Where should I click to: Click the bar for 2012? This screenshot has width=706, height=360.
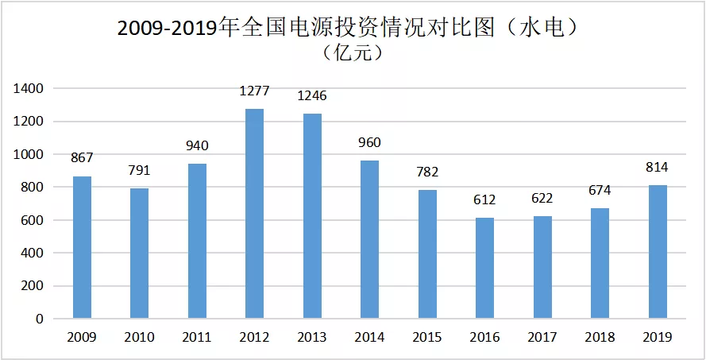pyautogui.click(x=254, y=214)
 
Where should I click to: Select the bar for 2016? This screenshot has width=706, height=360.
pyautogui.click(x=484, y=268)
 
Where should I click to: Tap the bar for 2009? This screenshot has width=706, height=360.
pyautogui.click(x=82, y=247)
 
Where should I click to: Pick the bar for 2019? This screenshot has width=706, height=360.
pyautogui.click(x=658, y=252)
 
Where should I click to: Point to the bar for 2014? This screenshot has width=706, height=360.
pyautogui.click(x=369, y=240)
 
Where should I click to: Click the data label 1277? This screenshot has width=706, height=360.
pyautogui.click(x=254, y=91)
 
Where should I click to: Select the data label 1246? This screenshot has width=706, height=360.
pyautogui.click(x=312, y=96)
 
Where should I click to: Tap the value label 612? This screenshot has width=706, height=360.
pyautogui.click(x=484, y=199)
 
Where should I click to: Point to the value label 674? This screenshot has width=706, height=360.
pyautogui.click(x=600, y=190)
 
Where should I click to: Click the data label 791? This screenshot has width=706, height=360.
pyautogui.click(x=139, y=170)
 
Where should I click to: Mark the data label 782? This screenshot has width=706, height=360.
pyautogui.click(x=426, y=172)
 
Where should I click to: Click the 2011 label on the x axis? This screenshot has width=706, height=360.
pyautogui.click(x=197, y=337)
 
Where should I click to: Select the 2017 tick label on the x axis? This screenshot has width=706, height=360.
pyautogui.click(x=542, y=337)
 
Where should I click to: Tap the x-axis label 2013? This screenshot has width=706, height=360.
pyautogui.click(x=312, y=337)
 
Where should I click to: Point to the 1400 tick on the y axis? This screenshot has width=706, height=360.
pyautogui.click(x=29, y=89)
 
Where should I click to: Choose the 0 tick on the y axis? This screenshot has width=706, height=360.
pyautogui.click(x=40, y=319)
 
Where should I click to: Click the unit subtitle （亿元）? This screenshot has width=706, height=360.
pyautogui.click(x=353, y=53)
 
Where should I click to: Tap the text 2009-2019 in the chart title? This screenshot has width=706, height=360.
pyautogui.click(x=167, y=29)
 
